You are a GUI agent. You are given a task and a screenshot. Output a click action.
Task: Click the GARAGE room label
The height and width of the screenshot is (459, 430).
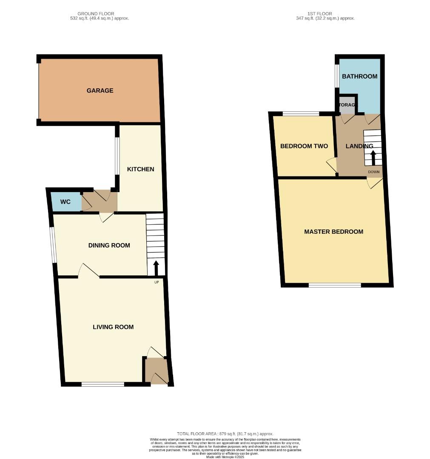pos(100,91)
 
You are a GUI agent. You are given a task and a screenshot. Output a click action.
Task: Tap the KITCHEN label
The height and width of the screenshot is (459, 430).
pos(140,169)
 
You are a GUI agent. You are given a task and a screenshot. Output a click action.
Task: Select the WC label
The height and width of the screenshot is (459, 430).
pos(65,202)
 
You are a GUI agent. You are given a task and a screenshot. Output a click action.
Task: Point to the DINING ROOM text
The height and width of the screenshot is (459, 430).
pos(109,245)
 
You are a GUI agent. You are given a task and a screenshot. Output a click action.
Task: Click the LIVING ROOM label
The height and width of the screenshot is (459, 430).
pos(113,327)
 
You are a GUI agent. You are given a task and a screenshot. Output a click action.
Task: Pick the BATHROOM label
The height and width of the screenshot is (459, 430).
pos(359,76)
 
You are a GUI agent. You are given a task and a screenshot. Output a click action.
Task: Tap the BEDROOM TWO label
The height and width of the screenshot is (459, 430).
pos(304,146)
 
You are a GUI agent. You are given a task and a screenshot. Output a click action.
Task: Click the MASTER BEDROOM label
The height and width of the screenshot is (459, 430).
pos(333,232)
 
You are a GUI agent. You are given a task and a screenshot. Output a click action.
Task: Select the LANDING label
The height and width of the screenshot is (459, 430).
pos(359,146)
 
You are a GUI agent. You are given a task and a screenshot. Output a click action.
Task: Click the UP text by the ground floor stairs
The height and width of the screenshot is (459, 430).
pos(156,282)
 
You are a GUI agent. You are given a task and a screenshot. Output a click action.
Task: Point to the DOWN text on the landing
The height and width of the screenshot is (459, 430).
pos(373,172)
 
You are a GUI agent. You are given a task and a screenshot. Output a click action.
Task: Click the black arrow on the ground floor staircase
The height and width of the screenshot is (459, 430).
pos(156,268)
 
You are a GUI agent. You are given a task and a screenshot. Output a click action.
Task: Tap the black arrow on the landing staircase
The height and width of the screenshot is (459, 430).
pos(373,159)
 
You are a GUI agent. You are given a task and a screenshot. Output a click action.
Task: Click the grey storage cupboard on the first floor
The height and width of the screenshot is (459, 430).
pos(347,107)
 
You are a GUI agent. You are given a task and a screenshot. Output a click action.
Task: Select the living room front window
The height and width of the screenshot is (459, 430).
pos(103,384)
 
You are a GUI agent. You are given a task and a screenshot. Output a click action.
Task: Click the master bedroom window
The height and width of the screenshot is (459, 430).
pos(335,285)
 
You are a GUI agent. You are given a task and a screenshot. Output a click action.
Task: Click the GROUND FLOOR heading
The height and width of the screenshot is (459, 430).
pos(96,14)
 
